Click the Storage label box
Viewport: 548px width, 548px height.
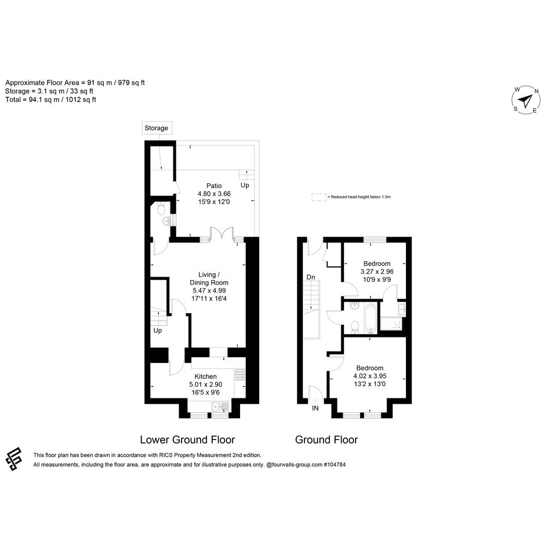pos(157,128)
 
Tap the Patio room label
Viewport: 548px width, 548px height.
pos(214,186)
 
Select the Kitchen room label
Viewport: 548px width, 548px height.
pos(205,376)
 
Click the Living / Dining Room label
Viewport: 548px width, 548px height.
pos(209,278)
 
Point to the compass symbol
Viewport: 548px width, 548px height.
pos(525,100)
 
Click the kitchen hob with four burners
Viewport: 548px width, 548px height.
pos(239,375)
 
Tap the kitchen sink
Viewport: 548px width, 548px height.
pos(220,407)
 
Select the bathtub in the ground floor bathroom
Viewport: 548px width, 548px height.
pos(370,318)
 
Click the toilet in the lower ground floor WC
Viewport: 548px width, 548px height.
pos(161,208)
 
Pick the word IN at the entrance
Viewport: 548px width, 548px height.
pos(315,408)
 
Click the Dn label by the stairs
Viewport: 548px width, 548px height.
pos(311,277)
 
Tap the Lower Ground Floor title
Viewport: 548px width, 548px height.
pos(187,440)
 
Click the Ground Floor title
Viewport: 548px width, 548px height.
pos(326,440)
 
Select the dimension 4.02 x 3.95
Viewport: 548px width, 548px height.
pos(370,376)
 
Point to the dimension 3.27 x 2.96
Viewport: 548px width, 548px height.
pos(377,271)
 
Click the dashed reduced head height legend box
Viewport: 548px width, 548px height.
pos(318,197)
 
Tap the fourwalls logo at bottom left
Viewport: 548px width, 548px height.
pos(14,459)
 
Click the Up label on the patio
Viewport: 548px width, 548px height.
pos(245,185)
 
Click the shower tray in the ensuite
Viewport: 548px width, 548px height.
pos(391,324)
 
